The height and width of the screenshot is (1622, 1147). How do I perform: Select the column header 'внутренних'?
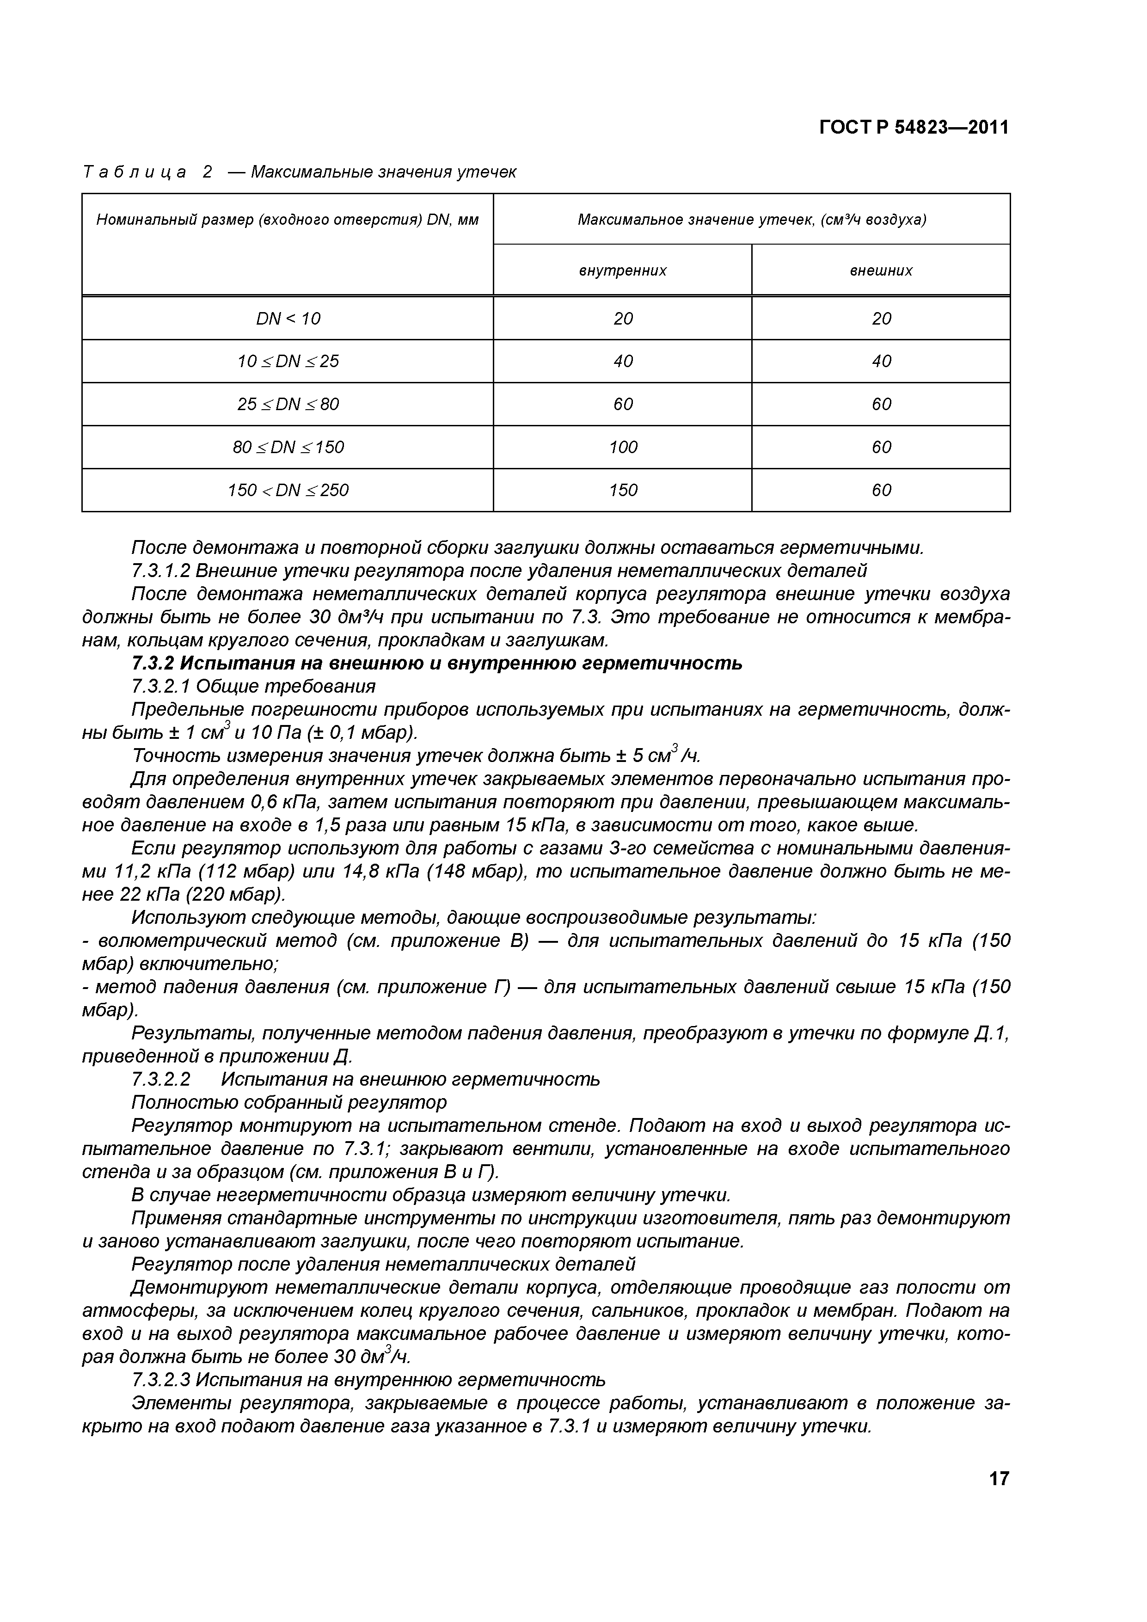[x=622, y=270]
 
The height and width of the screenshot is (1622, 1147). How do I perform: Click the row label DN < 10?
[x=288, y=319]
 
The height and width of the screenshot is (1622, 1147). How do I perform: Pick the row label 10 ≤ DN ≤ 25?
[x=288, y=362]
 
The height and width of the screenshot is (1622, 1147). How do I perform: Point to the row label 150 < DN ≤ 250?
[x=288, y=490]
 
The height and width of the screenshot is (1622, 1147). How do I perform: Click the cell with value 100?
[x=622, y=447]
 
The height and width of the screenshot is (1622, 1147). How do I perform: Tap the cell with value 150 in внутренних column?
[x=622, y=490]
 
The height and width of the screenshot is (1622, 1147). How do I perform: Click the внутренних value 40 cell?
[x=622, y=362]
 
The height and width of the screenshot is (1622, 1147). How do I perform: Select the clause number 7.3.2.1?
[x=160, y=686]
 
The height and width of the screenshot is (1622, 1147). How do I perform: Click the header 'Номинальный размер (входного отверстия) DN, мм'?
[x=288, y=220]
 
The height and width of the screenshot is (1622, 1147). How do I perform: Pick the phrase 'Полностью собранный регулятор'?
[x=289, y=1103]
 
